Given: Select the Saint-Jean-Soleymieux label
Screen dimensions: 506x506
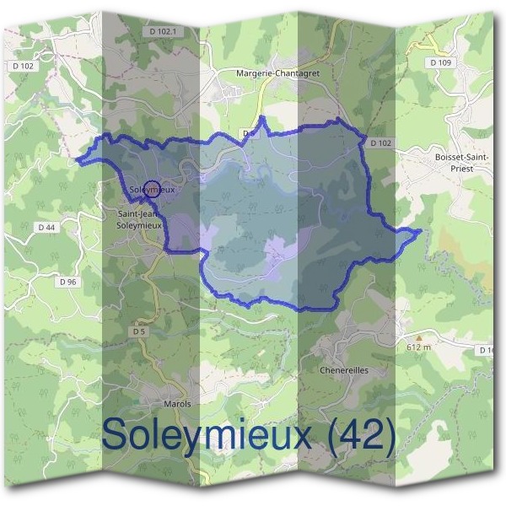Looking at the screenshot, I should pyautogui.click(x=138, y=219).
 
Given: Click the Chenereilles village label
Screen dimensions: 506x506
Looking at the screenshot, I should pyautogui.click(x=344, y=370).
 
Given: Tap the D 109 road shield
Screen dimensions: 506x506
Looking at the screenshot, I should pyautogui.click(x=440, y=62).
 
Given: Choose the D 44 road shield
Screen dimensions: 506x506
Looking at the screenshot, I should pyautogui.click(x=46, y=227).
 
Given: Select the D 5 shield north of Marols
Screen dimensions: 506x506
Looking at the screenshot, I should pyautogui.click(x=139, y=332).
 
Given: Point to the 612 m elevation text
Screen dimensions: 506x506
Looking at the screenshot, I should pyautogui.click(x=418, y=347).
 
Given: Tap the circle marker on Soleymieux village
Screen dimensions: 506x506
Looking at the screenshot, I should pyautogui.click(x=151, y=189).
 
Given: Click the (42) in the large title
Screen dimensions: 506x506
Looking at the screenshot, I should pyautogui.click(x=363, y=435).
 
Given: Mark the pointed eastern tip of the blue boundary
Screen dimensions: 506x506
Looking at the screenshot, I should pyautogui.click(x=419, y=230).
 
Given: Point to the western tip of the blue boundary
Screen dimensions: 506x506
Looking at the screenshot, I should pyautogui.click(x=78, y=158).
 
